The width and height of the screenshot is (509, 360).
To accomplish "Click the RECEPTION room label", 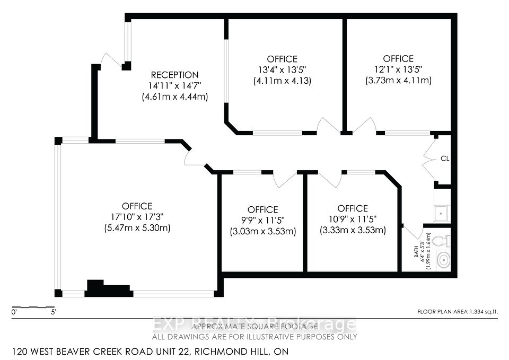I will (174, 75).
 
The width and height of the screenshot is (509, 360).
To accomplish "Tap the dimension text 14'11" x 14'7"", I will (174, 85).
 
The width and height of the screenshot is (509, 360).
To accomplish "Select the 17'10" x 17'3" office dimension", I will (137, 217).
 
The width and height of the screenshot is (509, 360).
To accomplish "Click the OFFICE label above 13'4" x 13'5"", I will (282, 59).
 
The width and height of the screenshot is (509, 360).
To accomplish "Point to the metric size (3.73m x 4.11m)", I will (398, 80).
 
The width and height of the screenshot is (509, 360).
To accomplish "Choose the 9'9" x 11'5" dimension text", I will (262, 221).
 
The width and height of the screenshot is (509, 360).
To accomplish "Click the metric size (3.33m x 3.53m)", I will (353, 230).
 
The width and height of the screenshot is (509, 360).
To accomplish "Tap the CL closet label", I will (445, 158).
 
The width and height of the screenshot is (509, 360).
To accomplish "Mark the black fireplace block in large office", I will (108, 289).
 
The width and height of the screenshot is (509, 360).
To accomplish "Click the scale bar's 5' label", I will (54, 313).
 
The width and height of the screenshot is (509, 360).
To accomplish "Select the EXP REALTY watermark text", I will (254, 324).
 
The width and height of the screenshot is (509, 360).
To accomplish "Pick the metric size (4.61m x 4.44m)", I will (174, 96).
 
